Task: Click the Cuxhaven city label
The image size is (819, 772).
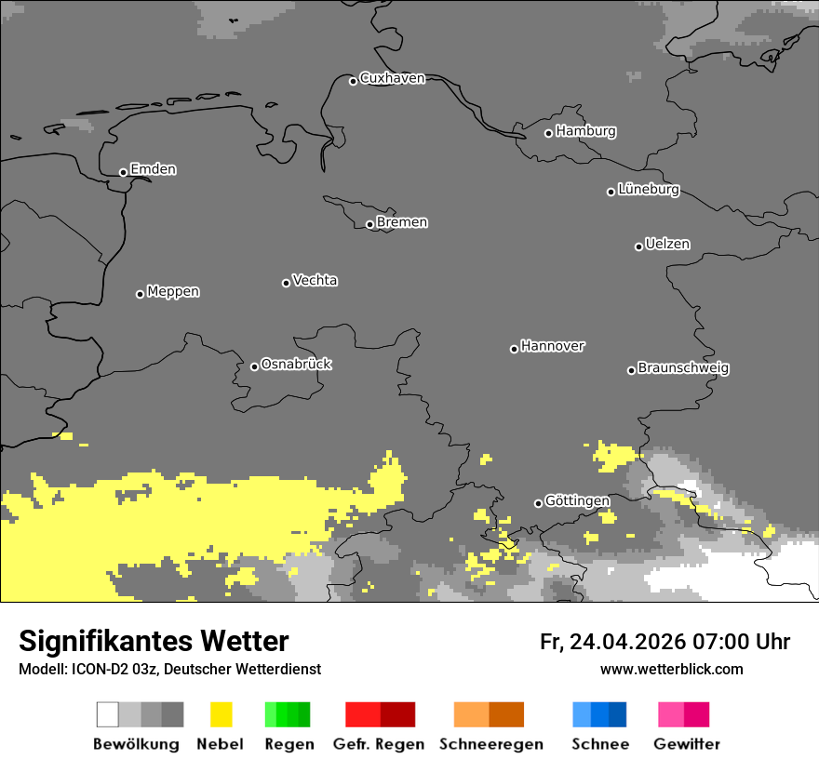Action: point(392,78)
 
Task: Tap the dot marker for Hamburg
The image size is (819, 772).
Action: point(548,133)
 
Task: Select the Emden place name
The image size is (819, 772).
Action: point(153,169)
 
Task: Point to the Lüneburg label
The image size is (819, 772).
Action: point(649,189)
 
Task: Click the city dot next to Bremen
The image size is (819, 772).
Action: point(369,224)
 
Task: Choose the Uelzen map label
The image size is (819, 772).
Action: point(667,244)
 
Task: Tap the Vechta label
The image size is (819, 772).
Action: point(315,280)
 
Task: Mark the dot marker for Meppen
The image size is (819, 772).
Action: point(140,294)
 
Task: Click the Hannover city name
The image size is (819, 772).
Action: point(553,346)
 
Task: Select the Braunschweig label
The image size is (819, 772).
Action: point(683,367)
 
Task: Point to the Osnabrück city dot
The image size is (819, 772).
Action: point(254,366)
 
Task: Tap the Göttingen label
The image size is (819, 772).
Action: point(577,500)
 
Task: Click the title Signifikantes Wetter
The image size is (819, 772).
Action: point(154,641)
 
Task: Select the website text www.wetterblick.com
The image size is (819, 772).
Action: point(671,669)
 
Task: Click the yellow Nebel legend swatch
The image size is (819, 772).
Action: point(221,714)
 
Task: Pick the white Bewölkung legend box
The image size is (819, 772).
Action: point(108,714)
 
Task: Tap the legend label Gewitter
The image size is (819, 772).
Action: point(687,744)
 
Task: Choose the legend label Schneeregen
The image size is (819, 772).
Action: point(491,744)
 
